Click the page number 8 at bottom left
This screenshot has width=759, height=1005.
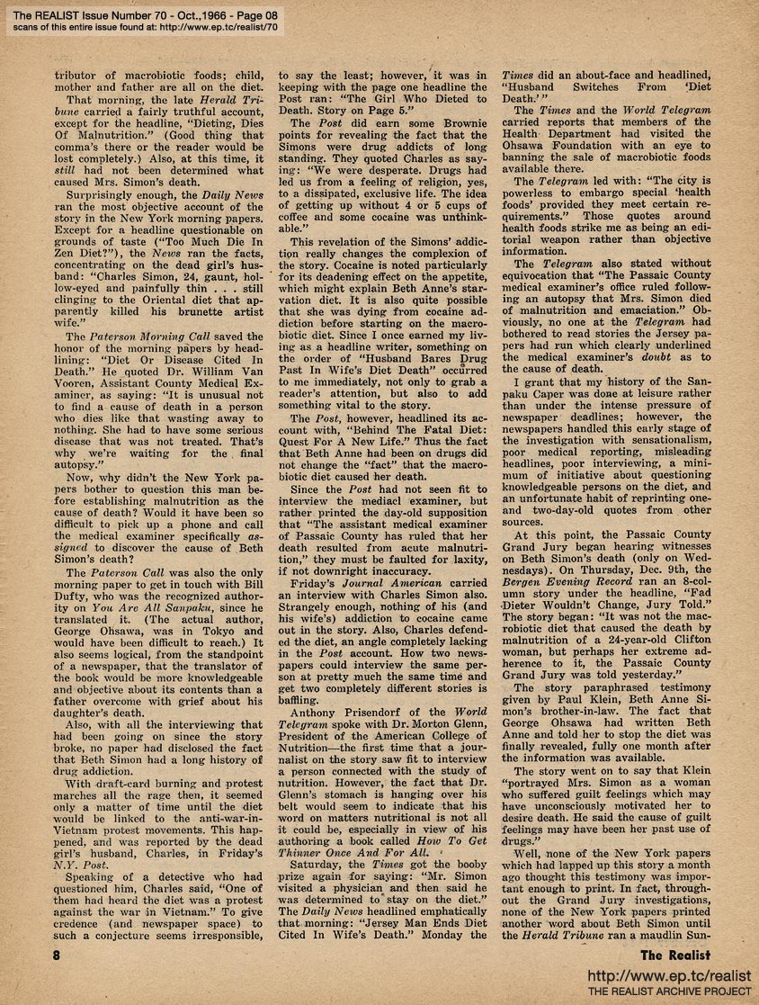[x=57, y=956]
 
